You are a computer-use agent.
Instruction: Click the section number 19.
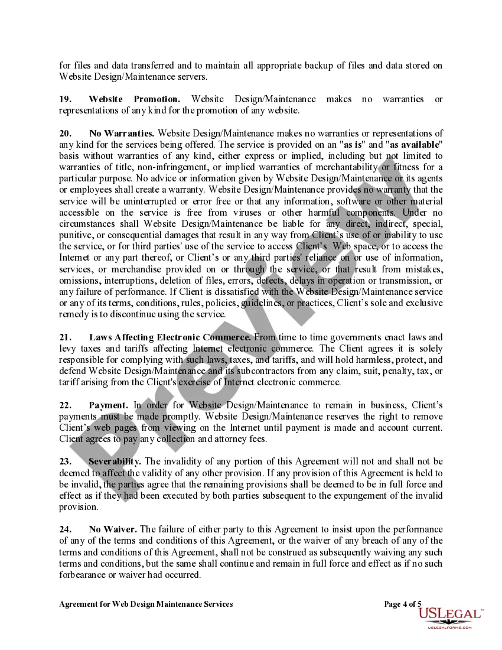(x=66, y=99)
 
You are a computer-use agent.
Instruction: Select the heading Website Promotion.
(x=135, y=99)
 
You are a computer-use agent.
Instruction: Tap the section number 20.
(x=66, y=134)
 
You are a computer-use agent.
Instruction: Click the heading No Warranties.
(x=122, y=134)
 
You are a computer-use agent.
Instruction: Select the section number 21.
(x=66, y=337)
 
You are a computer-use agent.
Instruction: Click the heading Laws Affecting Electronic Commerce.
(x=170, y=337)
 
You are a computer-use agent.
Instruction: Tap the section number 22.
(x=66, y=405)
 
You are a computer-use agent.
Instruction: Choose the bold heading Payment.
(x=108, y=405)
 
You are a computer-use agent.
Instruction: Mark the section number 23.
(x=66, y=461)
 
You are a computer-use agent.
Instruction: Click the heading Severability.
(x=115, y=461)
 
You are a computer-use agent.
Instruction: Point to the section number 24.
(x=66, y=529)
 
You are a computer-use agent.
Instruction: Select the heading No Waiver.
(x=113, y=529)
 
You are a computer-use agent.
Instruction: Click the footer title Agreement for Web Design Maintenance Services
(x=146, y=604)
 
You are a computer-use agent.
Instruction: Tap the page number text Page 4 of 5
(x=403, y=604)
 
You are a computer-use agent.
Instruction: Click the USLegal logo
(x=450, y=616)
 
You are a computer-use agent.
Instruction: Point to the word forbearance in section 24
(x=83, y=574)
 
